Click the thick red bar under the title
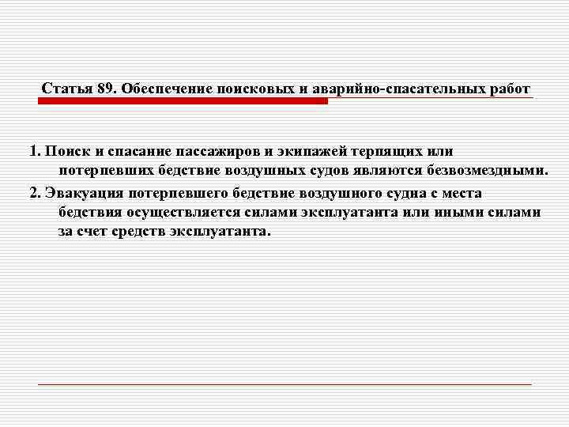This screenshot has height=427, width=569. [x=183, y=101]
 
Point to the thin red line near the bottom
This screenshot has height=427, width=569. [x=284, y=384]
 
